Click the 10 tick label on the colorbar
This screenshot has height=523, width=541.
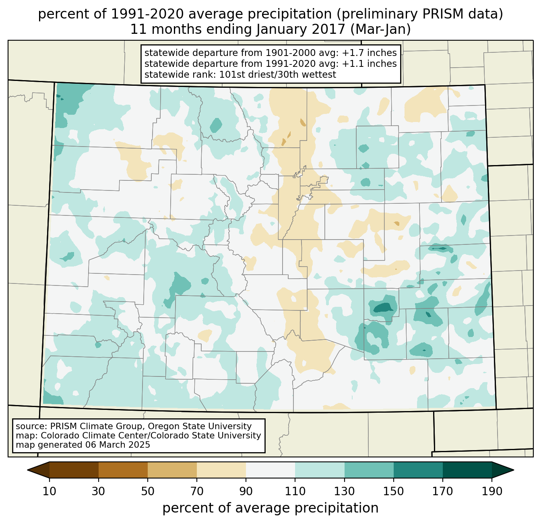point(50,492)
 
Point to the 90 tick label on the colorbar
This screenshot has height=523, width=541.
point(246,492)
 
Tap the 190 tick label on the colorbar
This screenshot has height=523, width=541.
point(491,492)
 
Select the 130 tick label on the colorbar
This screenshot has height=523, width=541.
point(344,492)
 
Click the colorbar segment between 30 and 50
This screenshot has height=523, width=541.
point(123,470)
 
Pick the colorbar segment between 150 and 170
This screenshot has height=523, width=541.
point(418,470)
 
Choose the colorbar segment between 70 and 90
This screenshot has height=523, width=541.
point(221,470)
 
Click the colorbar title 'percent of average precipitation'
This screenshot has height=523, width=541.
point(270,508)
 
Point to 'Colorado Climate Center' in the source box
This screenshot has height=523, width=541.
point(87,436)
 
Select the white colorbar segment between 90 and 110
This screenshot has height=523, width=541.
point(270,470)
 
